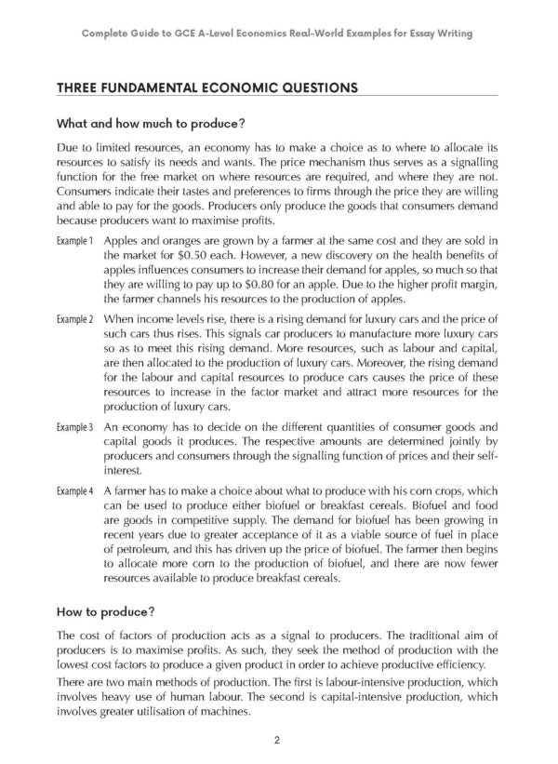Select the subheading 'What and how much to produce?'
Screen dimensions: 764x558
point(149,123)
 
